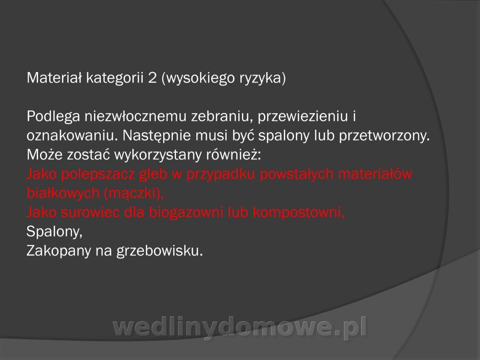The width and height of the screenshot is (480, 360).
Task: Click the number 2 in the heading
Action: (152, 78)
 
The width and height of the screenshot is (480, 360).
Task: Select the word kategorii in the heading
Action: (115, 78)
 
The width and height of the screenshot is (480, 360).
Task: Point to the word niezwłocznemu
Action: (135, 116)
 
